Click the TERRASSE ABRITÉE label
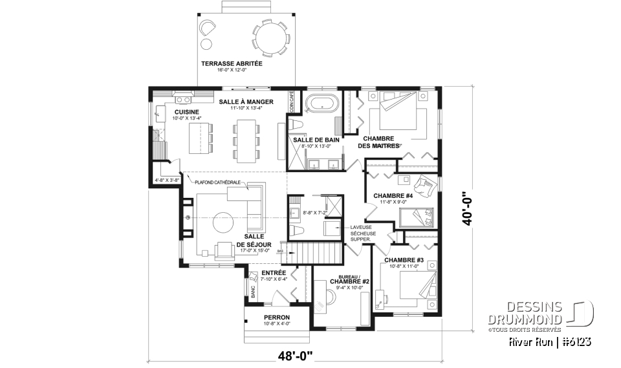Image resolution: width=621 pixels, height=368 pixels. [231, 64]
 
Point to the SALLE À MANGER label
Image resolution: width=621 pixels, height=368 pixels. [245, 102]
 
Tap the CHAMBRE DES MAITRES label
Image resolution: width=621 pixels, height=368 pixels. [378, 142]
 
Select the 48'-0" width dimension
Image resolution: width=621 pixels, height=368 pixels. [295, 355]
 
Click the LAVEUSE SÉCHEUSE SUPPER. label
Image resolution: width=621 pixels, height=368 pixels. [361, 233]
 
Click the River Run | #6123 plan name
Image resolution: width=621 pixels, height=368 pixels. [550, 341]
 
